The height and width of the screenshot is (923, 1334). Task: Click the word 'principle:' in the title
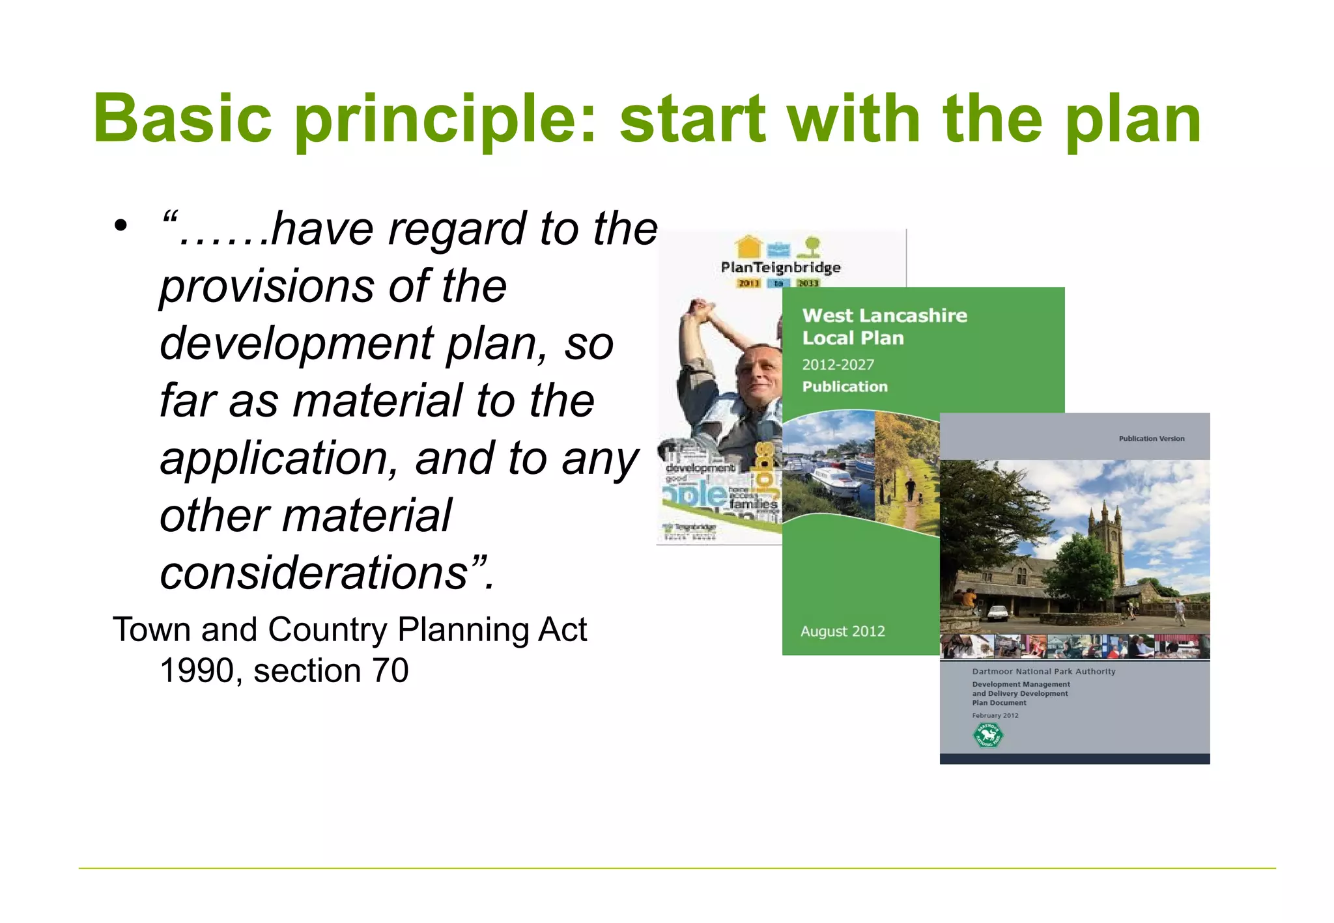point(445,120)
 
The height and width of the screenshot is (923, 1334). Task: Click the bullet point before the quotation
point(120,227)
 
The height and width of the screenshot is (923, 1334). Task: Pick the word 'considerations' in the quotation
point(313,573)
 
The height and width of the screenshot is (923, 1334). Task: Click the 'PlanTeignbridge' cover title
point(780,268)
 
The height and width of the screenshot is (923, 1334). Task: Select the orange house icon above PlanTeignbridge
point(748,247)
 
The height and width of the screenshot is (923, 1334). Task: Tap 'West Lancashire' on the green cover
point(884,316)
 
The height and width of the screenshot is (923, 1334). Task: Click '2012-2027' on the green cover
point(838,365)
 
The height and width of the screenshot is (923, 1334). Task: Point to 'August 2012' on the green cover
point(842,631)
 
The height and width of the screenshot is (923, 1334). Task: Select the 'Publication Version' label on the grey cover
point(1151,439)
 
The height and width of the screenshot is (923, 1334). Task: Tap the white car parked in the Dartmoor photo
point(997,613)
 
